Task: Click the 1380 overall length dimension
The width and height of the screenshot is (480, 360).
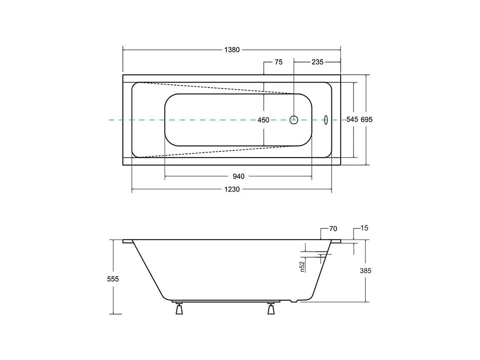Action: (x=232, y=50)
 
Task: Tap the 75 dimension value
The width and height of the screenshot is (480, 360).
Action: (x=279, y=62)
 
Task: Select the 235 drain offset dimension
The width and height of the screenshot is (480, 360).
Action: (x=317, y=62)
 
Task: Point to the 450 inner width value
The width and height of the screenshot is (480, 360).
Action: (x=263, y=120)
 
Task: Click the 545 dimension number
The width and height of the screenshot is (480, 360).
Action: (x=352, y=119)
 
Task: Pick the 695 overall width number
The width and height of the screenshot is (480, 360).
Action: (x=367, y=120)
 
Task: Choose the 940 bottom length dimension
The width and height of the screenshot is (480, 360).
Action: (x=238, y=176)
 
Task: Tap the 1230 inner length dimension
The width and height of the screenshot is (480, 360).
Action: (x=232, y=189)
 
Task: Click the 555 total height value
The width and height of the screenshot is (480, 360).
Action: (x=113, y=279)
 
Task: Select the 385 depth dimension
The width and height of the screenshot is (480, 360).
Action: (x=365, y=271)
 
